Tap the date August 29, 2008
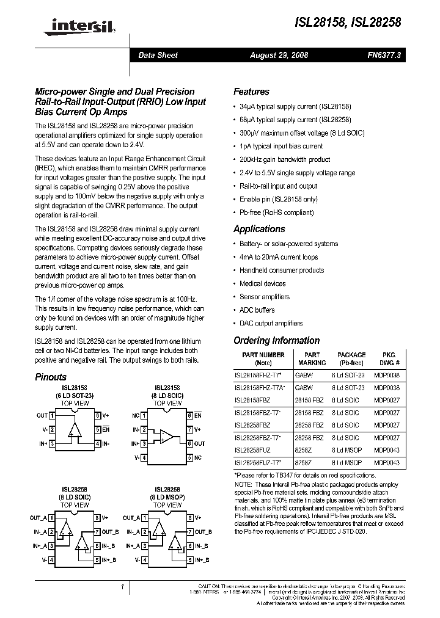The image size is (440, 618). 279,56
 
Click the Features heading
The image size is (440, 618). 251,92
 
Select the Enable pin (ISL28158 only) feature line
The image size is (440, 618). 278,199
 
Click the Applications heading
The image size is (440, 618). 259,229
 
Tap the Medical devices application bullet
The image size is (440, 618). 262,283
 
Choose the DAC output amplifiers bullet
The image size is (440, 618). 271,324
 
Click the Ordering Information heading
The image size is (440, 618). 276,341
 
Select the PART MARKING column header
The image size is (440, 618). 312,358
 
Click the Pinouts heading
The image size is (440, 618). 51,377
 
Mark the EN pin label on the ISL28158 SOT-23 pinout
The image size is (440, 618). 106,429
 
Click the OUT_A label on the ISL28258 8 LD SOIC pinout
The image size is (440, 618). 38,517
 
